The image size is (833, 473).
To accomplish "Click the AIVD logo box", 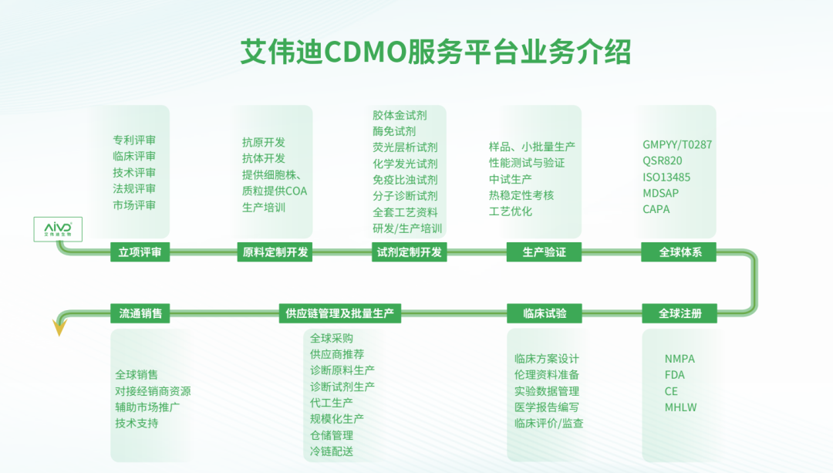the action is click(x=58, y=228).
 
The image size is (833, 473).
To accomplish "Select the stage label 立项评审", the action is click(x=140, y=252).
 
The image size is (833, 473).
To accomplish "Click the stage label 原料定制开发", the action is click(x=275, y=252).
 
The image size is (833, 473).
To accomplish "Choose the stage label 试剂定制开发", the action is click(x=410, y=252).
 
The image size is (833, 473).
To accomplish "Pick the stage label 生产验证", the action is click(x=544, y=252).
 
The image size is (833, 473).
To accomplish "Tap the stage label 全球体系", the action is click(x=680, y=252).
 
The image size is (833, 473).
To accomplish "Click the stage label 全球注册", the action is click(x=680, y=313).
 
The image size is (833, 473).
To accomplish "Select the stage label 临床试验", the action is click(x=544, y=313).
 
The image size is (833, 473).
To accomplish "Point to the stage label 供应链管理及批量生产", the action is click(x=339, y=313).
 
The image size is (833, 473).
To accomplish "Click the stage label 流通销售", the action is click(x=140, y=313).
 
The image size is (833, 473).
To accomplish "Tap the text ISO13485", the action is click(x=666, y=177).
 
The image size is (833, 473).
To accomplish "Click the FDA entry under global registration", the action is click(x=674, y=375).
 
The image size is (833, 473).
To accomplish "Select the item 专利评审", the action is click(x=134, y=140).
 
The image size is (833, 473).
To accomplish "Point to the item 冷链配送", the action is click(x=332, y=451).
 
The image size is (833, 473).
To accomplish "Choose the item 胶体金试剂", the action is click(x=400, y=115).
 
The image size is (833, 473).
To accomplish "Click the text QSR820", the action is click(x=662, y=160).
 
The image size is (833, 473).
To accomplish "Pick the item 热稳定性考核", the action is click(x=521, y=195).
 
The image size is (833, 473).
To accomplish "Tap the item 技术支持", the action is click(x=137, y=423).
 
